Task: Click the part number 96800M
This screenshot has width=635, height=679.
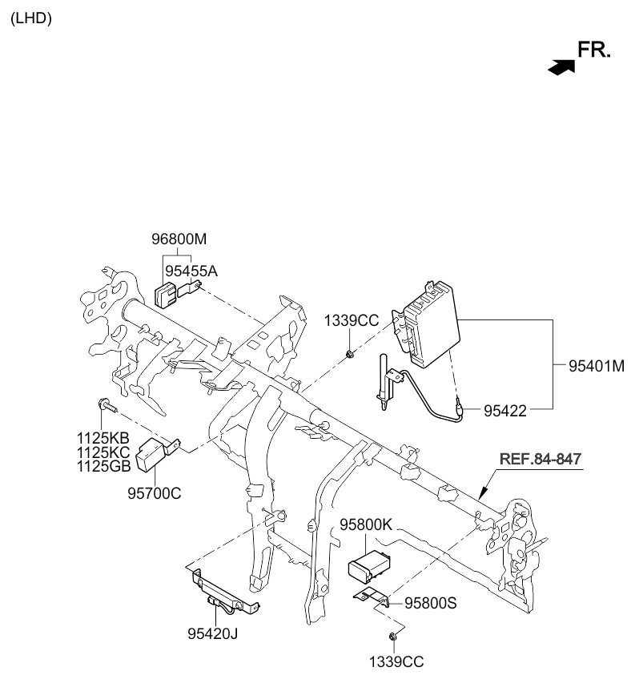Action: coord(179,239)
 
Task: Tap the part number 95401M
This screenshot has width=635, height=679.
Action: coord(596,367)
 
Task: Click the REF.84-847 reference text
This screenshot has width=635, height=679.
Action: coord(541,459)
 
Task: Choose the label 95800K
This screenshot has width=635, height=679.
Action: coord(366,526)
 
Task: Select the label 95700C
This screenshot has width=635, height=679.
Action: coord(155,492)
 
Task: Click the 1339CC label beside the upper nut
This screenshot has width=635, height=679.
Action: coord(351,320)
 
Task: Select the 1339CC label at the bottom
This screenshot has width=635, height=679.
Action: coord(396,661)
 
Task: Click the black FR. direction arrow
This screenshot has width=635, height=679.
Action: coord(562,67)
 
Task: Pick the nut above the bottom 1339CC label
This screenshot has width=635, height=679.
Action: coord(393,637)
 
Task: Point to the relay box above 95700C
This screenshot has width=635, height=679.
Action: coord(154,454)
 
